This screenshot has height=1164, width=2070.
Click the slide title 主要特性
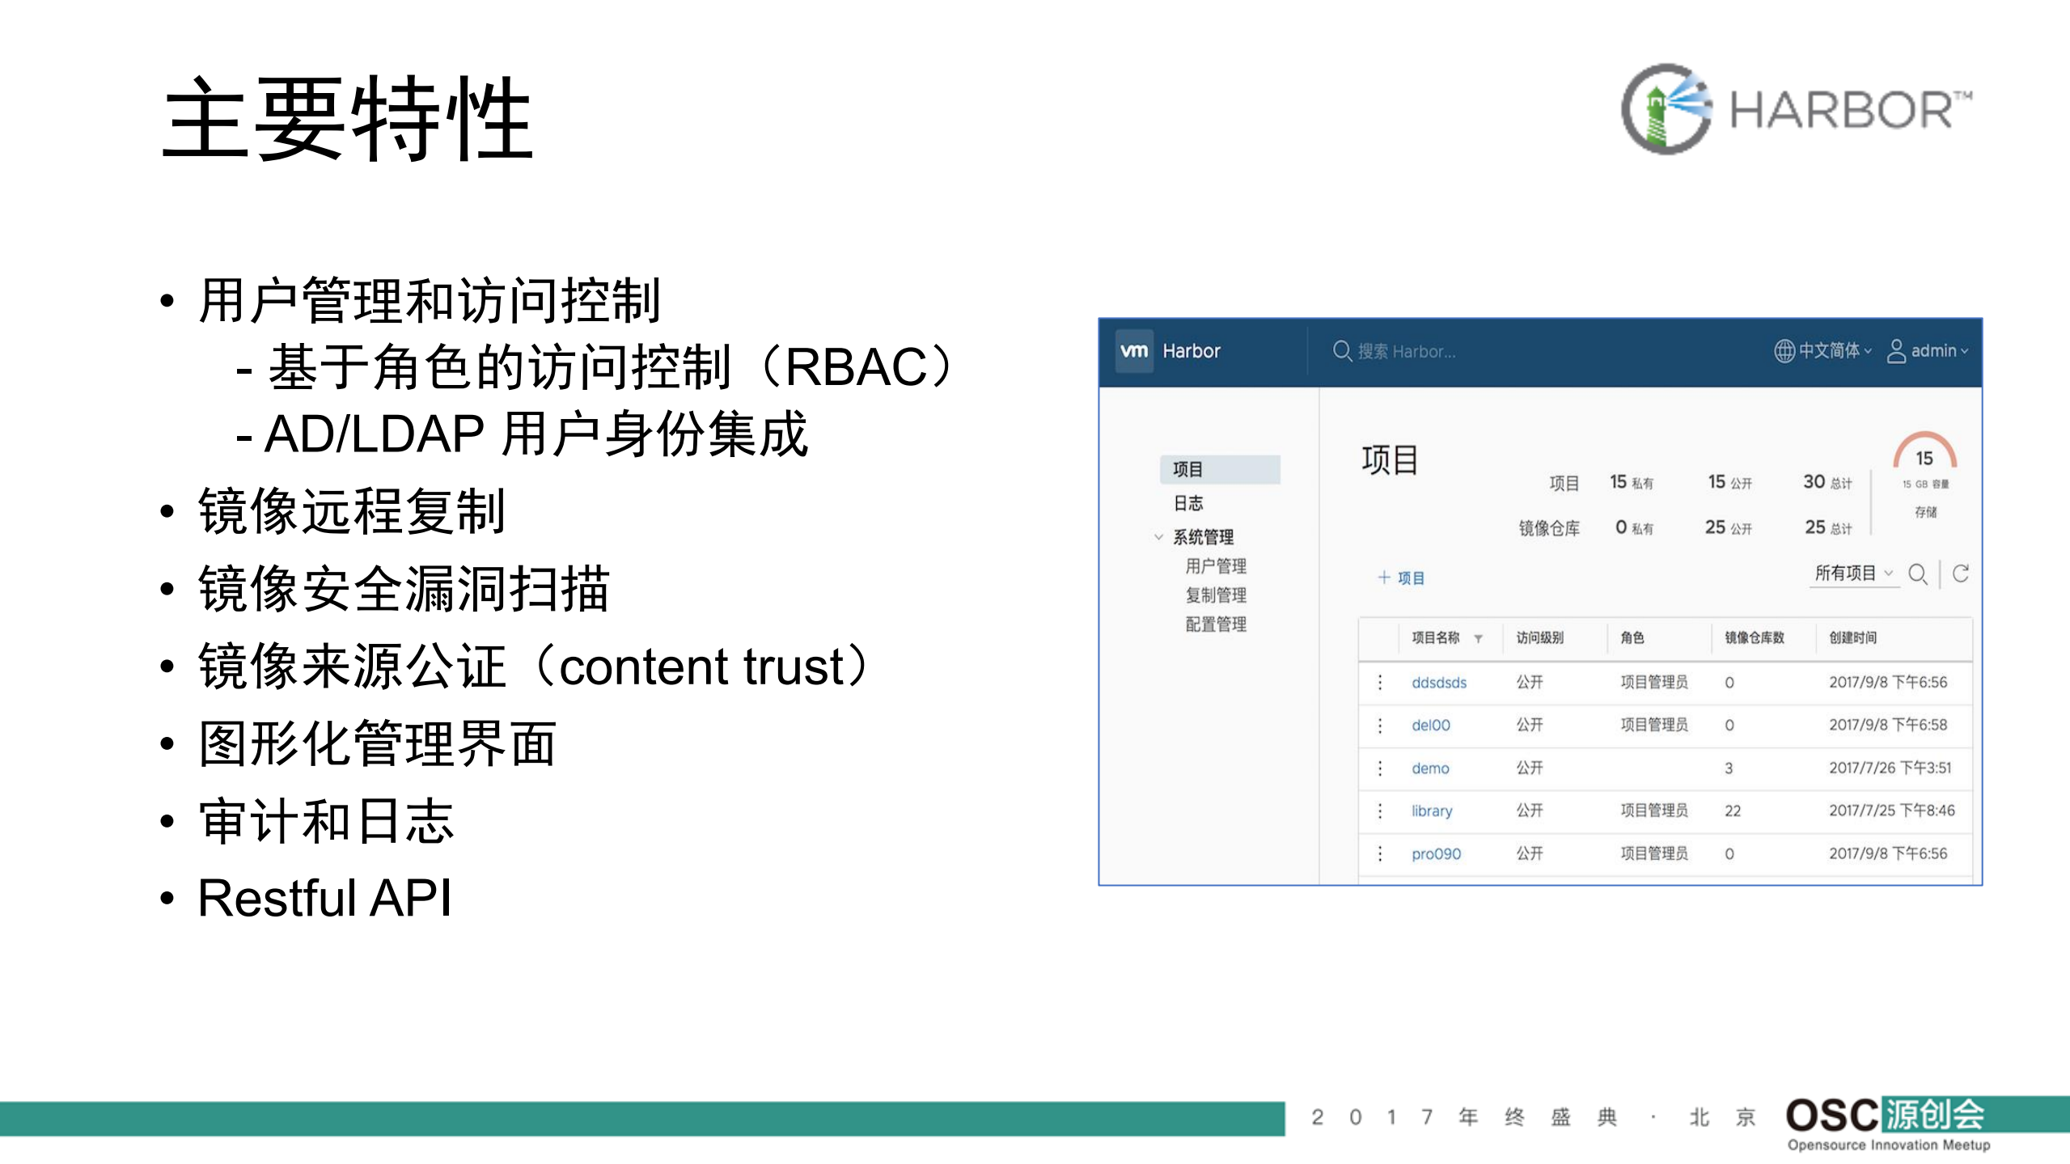pyautogui.click(x=348, y=119)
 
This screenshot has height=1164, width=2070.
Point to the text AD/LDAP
pyautogui.click(x=375, y=434)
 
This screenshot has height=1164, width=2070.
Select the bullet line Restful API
pyautogui.click(x=324, y=898)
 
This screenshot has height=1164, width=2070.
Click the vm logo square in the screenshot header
pyautogui.click(x=1134, y=350)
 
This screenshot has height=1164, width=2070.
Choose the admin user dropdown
pyautogui.click(x=1928, y=351)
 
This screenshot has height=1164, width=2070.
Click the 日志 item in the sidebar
pyautogui.click(x=1188, y=503)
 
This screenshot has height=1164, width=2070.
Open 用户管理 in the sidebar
pyautogui.click(x=1216, y=566)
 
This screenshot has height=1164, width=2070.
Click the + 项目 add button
pyautogui.click(x=1401, y=578)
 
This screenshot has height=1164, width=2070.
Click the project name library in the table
pyautogui.click(x=1432, y=811)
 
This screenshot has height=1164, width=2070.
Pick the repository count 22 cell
pyautogui.click(x=1733, y=811)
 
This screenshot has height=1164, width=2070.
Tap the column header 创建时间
pyautogui.click(x=1852, y=637)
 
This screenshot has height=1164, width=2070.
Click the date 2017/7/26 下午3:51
pyautogui.click(x=1890, y=768)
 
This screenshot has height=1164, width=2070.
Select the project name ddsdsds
pyautogui.click(x=1438, y=682)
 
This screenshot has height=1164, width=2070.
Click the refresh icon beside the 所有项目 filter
pyautogui.click(x=1961, y=574)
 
